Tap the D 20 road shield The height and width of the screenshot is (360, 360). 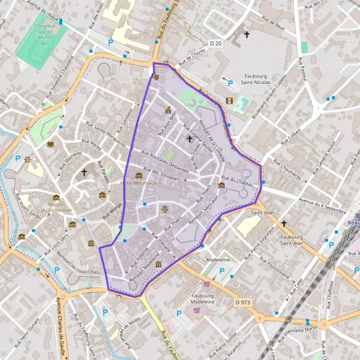(x=216, y=43)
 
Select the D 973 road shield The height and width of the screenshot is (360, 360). (x=242, y=302)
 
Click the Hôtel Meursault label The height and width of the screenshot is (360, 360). (x=139, y=183)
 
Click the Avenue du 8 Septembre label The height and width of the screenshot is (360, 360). (x=322, y=207)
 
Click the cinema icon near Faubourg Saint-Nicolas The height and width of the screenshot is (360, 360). (x=229, y=101)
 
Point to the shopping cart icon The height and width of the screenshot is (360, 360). (x=207, y=284)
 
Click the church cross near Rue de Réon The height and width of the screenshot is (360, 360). (x=246, y=35)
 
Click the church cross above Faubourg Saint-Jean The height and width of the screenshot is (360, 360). (x=283, y=223)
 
